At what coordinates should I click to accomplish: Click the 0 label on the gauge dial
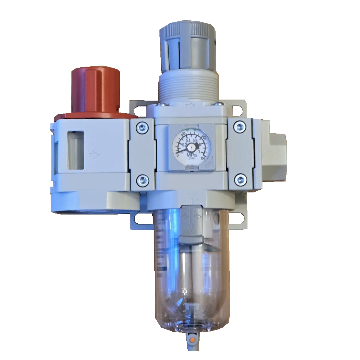coord(177,155)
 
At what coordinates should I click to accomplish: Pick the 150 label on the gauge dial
coord(203,158)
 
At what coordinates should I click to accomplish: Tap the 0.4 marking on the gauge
coord(188,140)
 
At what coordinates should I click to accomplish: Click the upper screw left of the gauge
coord(142,128)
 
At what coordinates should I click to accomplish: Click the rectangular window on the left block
coord(75,150)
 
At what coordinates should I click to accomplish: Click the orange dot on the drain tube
coord(192,339)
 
